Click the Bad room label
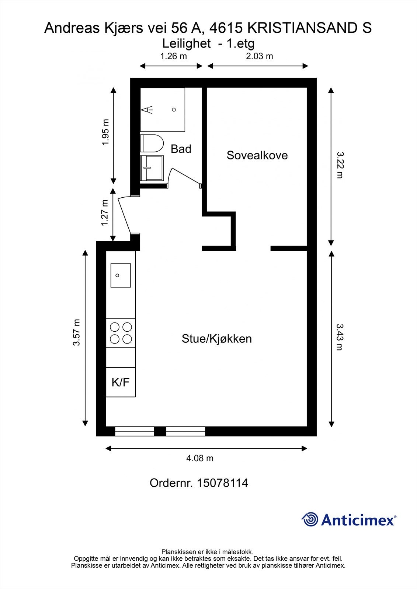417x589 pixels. pyautogui.click(x=181, y=149)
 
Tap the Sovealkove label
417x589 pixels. pyautogui.click(x=257, y=155)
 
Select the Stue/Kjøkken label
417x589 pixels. pyautogui.click(x=216, y=339)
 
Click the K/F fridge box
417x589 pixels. pyautogui.click(x=121, y=382)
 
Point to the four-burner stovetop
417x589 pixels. pyautogui.click(x=121, y=333)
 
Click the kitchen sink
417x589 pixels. pyautogui.click(x=121, y=275)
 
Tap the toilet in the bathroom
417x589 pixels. pyautogui.click(x=152, y=144)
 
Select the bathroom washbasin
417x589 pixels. pyautogui.click(x=152, y=168)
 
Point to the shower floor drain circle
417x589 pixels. pyautogui.click(x=174, y=110)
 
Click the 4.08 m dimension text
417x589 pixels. pyautogui.click(x=200, y=458)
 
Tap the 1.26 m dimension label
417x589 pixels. pyautogui.click(x=173, y=56)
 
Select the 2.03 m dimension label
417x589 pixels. pyautogui.click(x=260, y=56)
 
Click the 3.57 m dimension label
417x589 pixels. pyautogui.click(x=76, y=332)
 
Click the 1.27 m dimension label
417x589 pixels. pyautogui.click(x=105, y=213)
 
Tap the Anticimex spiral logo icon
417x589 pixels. pyautogui.click(x=310, y=519)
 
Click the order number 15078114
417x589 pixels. pyautogui.click(x=222, y=483)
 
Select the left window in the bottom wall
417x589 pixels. pyautogui.click(x=134, y=431)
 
